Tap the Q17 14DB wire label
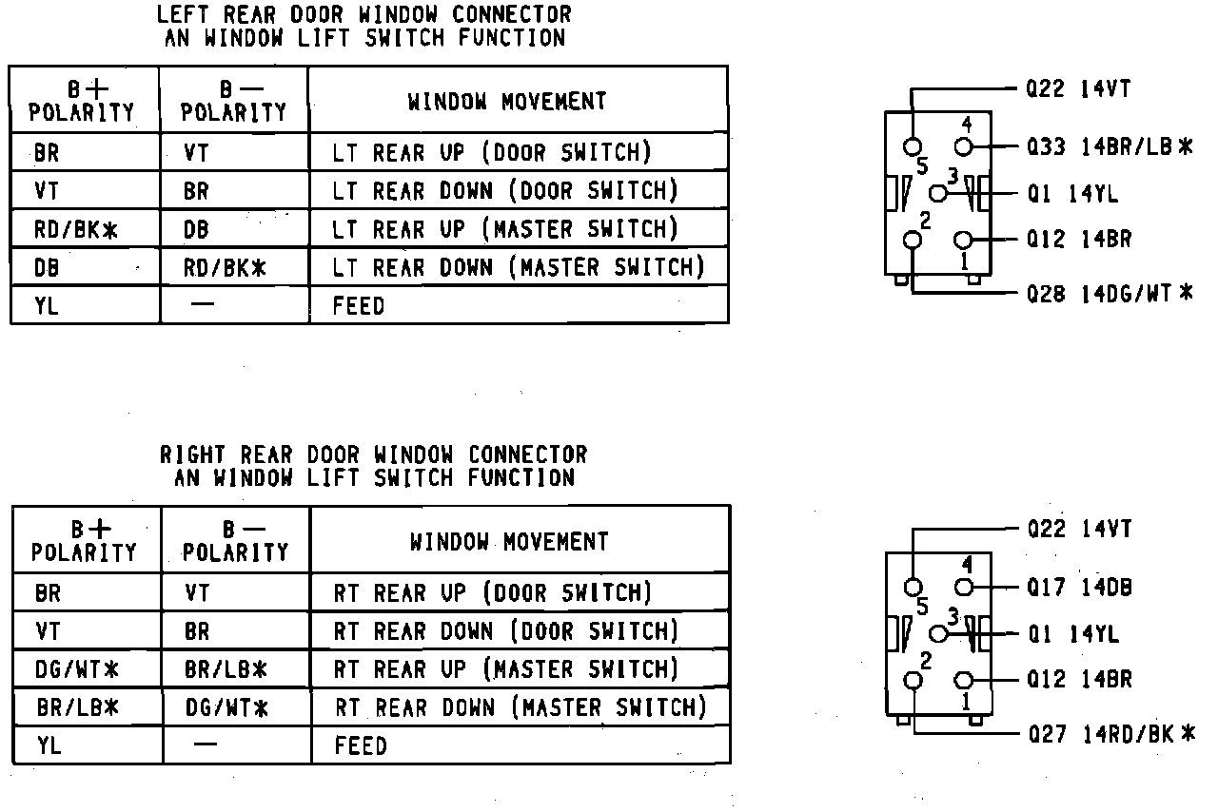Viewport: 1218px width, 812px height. coord(1080,587)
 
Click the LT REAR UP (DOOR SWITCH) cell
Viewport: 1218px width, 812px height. coord(492,152)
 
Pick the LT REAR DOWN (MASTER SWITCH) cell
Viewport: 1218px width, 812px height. coord(519,267)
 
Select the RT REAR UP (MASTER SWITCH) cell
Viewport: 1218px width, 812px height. coord(506,669)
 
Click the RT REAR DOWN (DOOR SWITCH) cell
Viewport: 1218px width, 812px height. coord(506,631)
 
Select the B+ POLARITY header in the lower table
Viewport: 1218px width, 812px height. coord(85,541)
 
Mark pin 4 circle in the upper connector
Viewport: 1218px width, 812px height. coord(963,146)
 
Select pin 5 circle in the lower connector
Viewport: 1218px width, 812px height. coord(913,587)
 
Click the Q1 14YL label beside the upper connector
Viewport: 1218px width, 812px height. coord(1072,194)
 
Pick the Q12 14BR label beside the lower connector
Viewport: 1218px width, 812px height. coord(1080,680)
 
